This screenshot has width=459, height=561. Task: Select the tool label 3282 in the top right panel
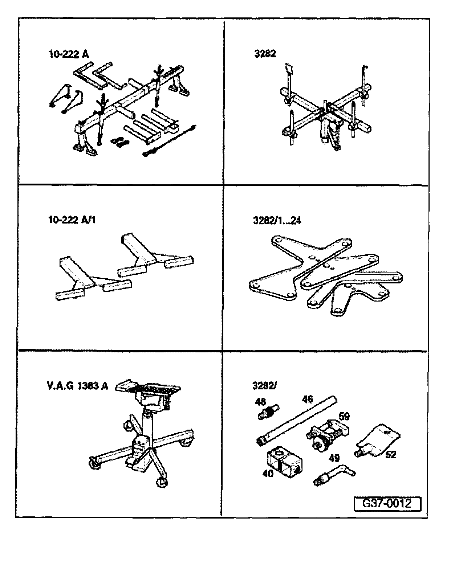point(265,54)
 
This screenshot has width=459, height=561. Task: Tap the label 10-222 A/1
point(72,220)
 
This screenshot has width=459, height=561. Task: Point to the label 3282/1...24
point(277,220)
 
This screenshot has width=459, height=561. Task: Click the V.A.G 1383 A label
point(77,386)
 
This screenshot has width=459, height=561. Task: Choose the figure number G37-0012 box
point(387,504)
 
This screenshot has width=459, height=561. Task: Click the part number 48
point(260,402)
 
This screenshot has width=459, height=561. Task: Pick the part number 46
point(307,400)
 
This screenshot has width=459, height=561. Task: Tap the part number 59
point(344,416)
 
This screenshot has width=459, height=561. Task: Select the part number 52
point(391,454)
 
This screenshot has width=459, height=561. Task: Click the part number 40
point(268,473)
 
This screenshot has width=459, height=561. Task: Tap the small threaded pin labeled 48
point(269,412)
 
